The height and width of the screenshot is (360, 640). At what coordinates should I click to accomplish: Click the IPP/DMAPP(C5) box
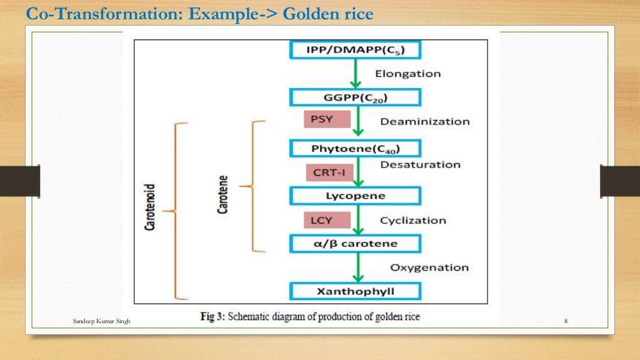(355, 50)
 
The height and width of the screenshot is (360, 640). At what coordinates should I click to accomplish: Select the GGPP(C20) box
(355, 97)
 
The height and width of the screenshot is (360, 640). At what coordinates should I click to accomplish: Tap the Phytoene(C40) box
(355, 148)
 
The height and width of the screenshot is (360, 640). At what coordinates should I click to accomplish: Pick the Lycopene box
(355, 196)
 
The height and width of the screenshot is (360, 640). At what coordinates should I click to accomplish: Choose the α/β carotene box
(355, 243)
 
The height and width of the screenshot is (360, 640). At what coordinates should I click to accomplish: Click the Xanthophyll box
(355, 291)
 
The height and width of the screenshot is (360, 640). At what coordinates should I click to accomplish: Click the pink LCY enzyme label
(322, 220)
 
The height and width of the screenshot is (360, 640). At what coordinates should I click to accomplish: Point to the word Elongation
(407, 74)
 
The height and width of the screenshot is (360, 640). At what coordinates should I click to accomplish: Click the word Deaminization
(424, 121)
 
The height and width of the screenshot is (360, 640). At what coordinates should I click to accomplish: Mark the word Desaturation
(420, 165)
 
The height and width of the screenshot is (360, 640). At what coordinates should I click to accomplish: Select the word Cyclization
(412, 221)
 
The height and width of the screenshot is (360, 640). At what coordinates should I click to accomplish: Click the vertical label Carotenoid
(150, 207)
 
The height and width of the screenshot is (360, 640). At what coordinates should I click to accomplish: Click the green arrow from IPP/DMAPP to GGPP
(355, 74)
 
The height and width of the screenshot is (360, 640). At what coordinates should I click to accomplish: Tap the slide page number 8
(566, 321)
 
